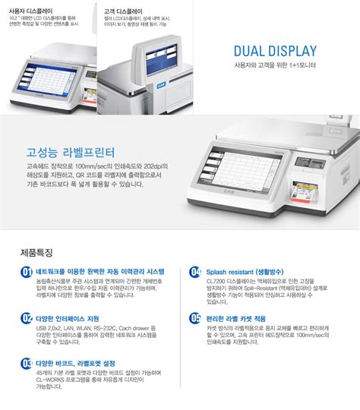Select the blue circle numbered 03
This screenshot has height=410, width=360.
(x=27, y=363)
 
